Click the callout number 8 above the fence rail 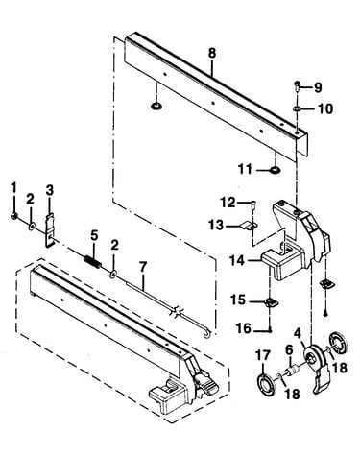click(212, 53)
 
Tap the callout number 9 click(318, 87)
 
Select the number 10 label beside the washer click(325, 108)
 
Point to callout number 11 click(245, 169)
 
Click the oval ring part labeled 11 click(276, 170)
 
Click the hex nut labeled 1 click(13, 216)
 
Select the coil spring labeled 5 click(93, 259)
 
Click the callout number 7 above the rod click(143, 267)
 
